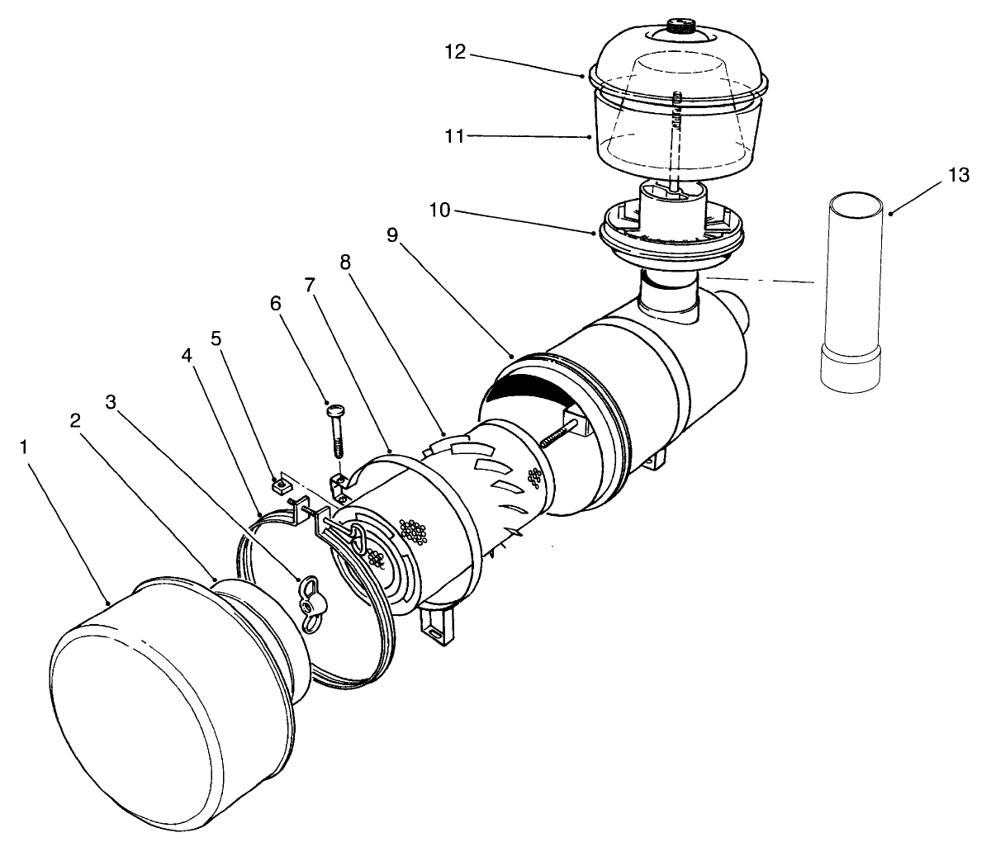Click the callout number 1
pos(26,447)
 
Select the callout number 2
pos(76,420)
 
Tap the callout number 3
pos(112,401)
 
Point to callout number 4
pos(187,356)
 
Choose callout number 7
pos(310,285)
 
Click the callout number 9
pos(392,234)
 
